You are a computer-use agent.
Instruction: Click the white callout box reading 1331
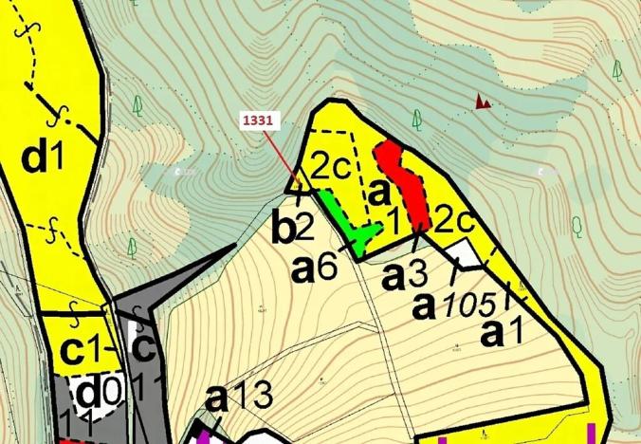tap(257, 121)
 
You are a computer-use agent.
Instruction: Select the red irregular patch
tap(402, 182)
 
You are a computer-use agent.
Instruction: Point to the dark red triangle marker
tap(484, 101)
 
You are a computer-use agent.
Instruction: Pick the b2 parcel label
tap(292, 229)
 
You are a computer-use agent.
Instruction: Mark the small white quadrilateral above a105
tap(464, 253)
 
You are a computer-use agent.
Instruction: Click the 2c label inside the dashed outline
tap(333, 168)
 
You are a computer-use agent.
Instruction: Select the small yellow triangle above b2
tap(297, 180)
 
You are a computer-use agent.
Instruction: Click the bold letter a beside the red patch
tap(379, 190)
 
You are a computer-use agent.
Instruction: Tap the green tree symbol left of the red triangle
tap(417, 119)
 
